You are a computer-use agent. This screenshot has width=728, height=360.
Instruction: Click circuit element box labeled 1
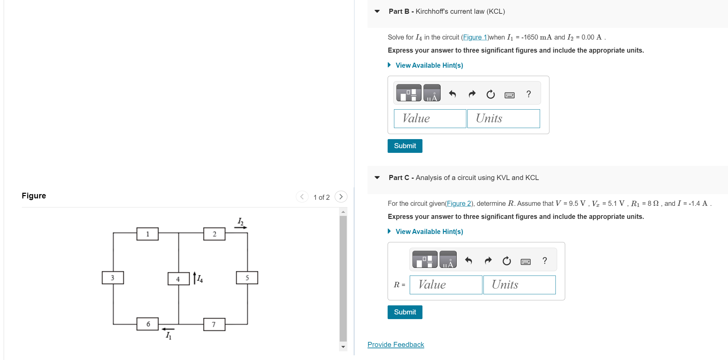click(147, 234)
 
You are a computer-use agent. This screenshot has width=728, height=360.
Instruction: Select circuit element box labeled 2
click(214, 234)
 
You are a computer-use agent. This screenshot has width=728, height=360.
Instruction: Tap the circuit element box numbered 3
click(113, 278)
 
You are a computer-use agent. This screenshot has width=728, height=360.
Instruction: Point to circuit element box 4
click(178, 279)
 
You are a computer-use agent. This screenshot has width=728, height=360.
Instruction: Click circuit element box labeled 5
click(247, 278)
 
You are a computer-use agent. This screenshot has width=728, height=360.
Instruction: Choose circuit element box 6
click(147, 324)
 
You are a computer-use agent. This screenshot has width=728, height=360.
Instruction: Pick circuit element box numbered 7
click(214, 324)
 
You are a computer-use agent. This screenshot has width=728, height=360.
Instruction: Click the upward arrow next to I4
click(194, 278)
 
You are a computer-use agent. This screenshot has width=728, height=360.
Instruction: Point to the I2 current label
click(240, 221)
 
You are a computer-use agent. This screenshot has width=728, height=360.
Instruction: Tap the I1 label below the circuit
click(169, 335)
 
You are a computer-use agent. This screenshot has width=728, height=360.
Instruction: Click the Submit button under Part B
click(405, 146)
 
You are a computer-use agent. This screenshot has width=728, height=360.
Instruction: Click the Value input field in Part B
click(430, 118)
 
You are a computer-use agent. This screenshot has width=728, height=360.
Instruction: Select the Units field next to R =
click(519, 285)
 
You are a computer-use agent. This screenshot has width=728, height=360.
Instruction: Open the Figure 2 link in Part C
click(459, 203)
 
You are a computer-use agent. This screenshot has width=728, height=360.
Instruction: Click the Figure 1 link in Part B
click(475, 37)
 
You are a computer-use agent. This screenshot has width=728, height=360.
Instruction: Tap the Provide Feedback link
click(396, 344)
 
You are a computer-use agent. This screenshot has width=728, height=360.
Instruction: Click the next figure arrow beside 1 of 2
click(341, 197)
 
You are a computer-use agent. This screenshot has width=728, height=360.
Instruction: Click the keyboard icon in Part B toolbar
click(509, 95)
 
